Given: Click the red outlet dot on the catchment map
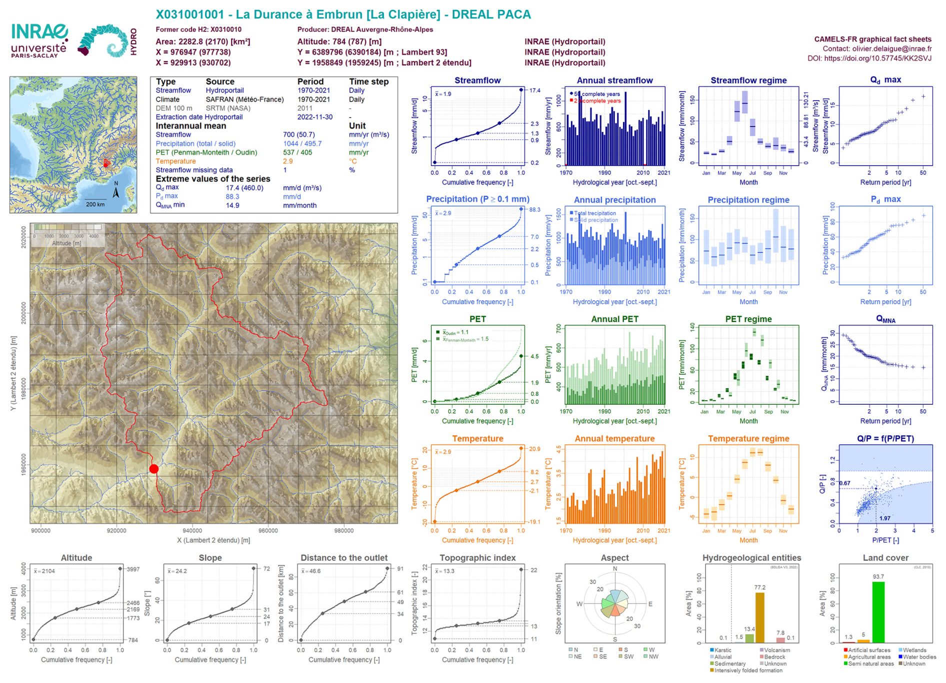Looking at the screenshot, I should (154, 469).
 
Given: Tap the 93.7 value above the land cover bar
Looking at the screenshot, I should (878, 576).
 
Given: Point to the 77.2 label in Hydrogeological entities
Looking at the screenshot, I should (760, 587).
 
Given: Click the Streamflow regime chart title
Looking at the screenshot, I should (748, 81).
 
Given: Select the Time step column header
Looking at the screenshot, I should (368, 82).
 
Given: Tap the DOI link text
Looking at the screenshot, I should (869, 58).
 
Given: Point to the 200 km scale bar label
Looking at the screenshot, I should (95, 204).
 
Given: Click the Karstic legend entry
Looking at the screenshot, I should (723, 650).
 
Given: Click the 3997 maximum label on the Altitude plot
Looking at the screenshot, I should (133, 569).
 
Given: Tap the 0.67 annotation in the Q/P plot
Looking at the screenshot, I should (844, 483).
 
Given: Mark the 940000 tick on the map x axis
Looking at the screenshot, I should (192, 530).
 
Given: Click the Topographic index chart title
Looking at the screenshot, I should (477, 558).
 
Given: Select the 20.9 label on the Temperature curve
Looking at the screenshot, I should (534, 449).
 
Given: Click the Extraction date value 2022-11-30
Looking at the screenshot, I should (315, 117).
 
